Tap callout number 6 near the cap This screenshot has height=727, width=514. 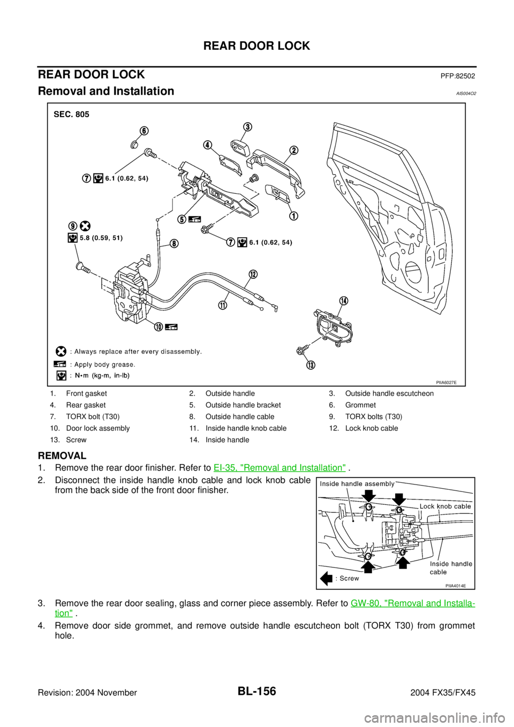[x=145, y=131]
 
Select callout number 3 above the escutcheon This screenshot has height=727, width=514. [x=248, y=126]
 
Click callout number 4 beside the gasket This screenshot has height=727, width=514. [x=208, y=145]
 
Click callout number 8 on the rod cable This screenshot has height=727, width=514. [x=175, y=243]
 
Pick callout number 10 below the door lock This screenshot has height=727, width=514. [x=159, y=327]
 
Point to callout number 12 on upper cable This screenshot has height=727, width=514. [x=252, y=274]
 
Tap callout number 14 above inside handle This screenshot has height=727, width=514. [x=343, y=300]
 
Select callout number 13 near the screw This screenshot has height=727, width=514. [x=311, y=365]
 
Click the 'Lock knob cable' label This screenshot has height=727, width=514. [x=445, y=506]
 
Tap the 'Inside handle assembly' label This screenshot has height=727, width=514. [x=357, y=483]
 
